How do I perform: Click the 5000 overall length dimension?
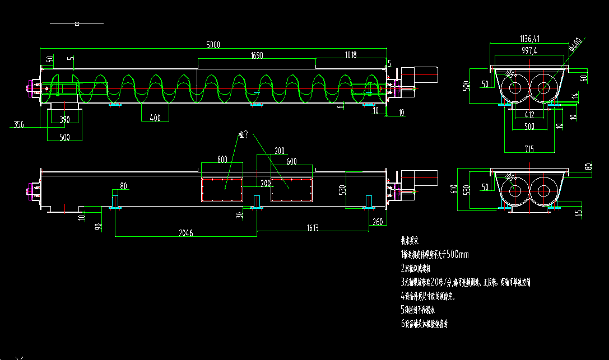click(x=213, y=45)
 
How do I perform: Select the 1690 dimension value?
click(x=257, y=55)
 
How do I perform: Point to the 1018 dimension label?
click(x=351, y=55)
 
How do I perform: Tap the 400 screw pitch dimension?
click(x=155, y=118)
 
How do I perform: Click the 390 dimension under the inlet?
click(x=64, y=119)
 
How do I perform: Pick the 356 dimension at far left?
click(x=18, y=124)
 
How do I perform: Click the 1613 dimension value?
click(x=312, y=228)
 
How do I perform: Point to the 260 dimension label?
click(x=377, y=222)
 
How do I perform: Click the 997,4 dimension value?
click(x=528, y=50)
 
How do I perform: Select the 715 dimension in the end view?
click(x=529, y=149)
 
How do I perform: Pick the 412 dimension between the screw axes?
click(x=529, y=115)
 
